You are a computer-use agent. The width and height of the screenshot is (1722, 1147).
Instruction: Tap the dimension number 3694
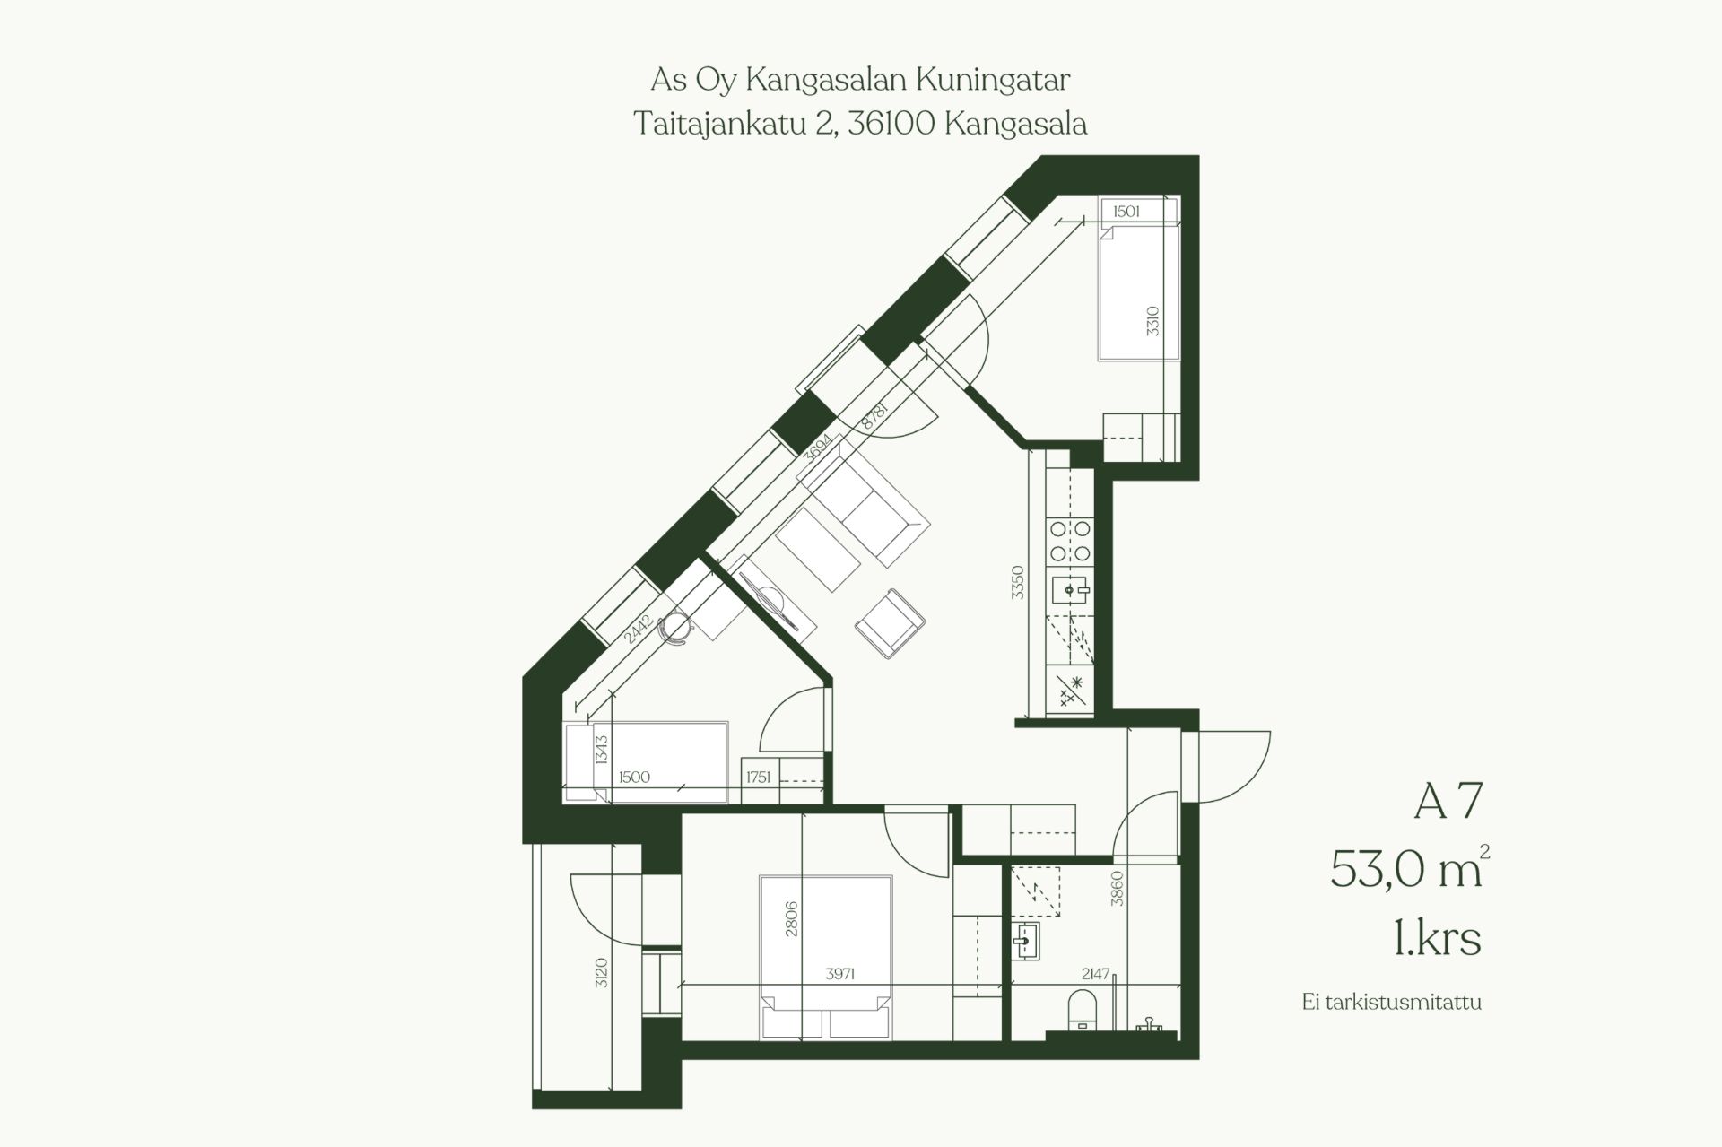[x=818, y=448]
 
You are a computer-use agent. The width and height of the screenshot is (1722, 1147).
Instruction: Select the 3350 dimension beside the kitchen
[x=1017, y=582]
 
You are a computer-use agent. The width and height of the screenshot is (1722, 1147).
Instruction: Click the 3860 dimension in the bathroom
[x=1117, y=888]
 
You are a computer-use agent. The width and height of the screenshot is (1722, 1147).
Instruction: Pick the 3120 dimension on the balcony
[x=601, y=972]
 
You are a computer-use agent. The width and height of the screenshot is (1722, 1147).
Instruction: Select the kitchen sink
[x=1071, y=589]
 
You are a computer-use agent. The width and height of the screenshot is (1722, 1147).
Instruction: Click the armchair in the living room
[x=890, y=623]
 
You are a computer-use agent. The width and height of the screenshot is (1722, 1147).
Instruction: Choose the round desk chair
[x=676, y=627]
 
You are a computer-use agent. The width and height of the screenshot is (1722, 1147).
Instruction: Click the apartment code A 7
[x=1448, y=801]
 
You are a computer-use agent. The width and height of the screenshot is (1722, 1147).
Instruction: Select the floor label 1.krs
[x=1437, y=938]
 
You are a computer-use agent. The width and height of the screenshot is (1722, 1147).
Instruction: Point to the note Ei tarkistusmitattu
[x=1392, y=1002]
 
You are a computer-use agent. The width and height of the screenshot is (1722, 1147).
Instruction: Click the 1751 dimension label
[x=759, y=778]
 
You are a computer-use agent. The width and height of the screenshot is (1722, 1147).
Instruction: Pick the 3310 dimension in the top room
[x=1152, y=321]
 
